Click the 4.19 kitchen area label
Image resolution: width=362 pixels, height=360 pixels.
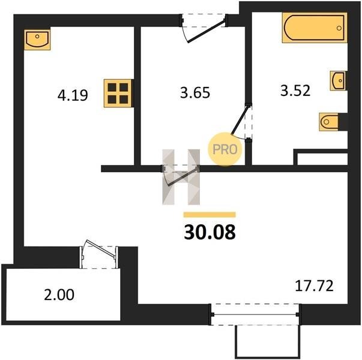73,95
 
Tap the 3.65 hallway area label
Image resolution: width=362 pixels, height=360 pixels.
195,92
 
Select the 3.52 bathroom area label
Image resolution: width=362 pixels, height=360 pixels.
295,91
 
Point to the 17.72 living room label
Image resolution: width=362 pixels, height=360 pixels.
314,286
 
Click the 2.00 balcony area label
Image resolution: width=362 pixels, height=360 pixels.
59,295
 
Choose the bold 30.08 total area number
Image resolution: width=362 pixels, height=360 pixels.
210,232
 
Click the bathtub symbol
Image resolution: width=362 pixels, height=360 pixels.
315,28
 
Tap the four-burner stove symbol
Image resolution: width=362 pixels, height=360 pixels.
118,93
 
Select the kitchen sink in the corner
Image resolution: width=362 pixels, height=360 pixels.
37,40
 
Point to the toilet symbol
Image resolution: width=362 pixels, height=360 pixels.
329,122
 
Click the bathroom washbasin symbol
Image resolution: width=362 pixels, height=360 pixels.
338,80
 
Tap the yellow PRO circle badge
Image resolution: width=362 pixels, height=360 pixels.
225,149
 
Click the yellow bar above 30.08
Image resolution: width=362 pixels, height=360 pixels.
210,215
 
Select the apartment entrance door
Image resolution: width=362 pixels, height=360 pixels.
206,32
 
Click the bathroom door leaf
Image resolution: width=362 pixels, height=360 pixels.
240,119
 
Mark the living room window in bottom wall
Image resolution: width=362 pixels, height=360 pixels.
255,314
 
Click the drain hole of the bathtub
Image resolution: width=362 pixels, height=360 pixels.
339,28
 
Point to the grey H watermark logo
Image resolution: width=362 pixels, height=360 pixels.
181,177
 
